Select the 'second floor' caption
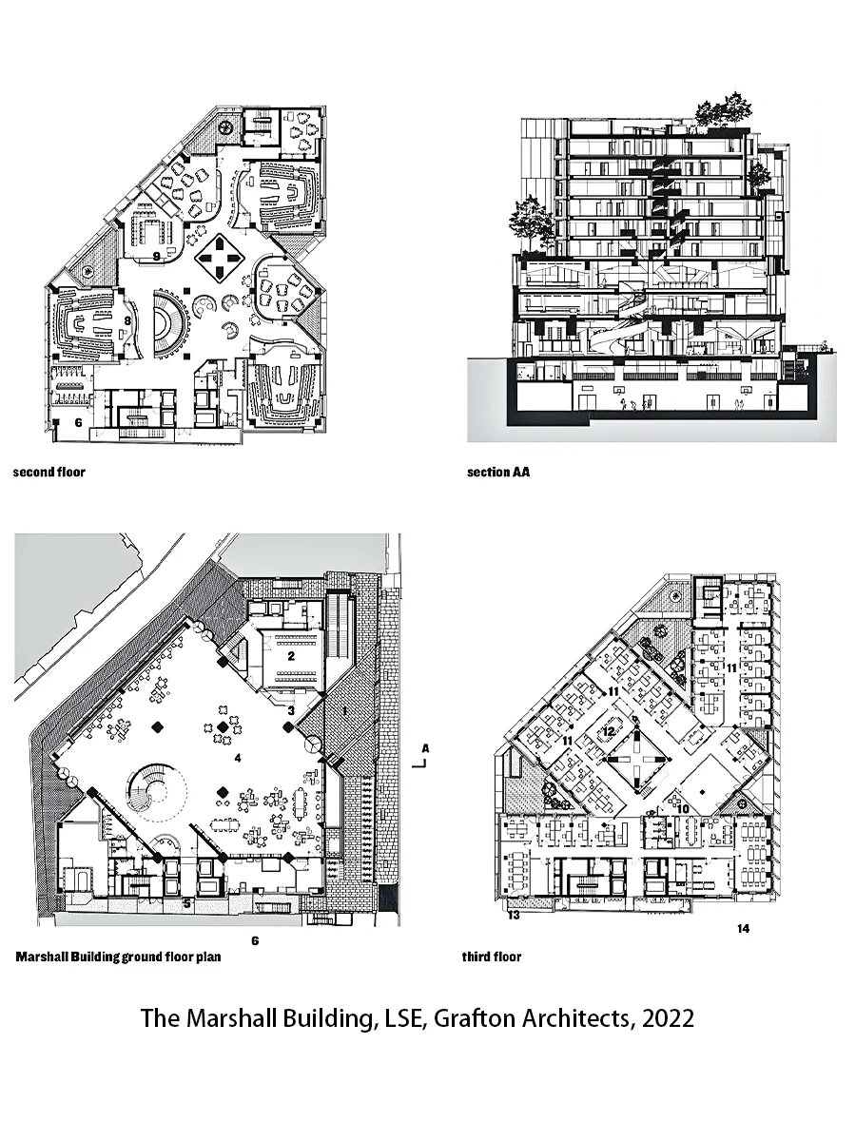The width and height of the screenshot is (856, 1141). pos(49,472)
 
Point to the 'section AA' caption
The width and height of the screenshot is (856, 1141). pos(498,472)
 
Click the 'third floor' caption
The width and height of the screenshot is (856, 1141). pos(491,957)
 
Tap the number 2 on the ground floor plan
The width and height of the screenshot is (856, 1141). pos(293,655)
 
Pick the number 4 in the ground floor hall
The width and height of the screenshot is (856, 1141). pos(239,758)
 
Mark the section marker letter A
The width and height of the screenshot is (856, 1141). pos(426,748)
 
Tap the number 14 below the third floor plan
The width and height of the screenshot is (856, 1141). pos(743,929)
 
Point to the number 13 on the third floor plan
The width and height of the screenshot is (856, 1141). pos(514,916)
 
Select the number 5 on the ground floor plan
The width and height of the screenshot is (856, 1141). pos(187,903)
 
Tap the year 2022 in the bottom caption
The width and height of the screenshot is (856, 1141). pos(668,1018)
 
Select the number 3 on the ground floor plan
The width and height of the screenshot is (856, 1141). pos(292,709)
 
